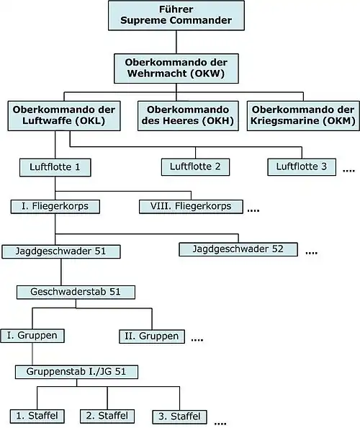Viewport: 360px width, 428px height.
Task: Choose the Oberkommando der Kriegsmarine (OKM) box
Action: click(x=302, y=115)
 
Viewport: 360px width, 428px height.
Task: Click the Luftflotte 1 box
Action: click(x=59, y=168)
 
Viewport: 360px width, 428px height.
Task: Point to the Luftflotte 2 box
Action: click(x=195, y=167)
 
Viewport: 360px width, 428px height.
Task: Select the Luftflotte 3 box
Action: click(x=302, y=167)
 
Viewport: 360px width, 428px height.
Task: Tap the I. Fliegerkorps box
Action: click(x=55, y=207)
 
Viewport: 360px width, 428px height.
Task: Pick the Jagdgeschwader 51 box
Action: click(x=61, y=251)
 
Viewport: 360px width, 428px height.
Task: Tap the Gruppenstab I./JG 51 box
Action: click(x=76, y=372)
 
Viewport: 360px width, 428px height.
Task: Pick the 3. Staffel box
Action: click(x=179, y=416)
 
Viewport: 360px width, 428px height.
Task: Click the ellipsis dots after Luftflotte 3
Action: click(x=348, y=171)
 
